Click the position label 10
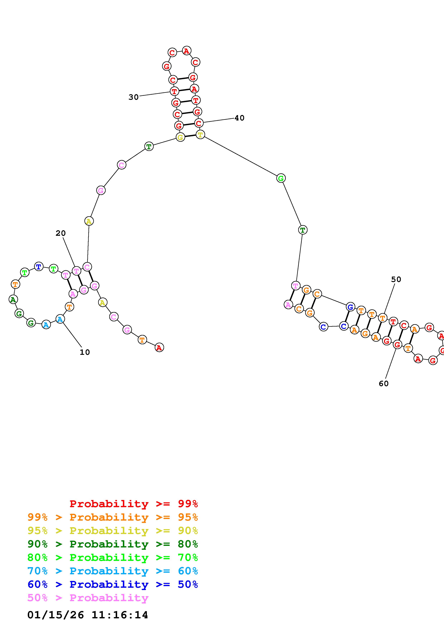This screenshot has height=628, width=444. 85,352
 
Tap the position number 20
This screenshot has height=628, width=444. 61,233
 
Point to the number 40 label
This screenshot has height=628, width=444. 239,118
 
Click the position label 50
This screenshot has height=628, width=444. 396,279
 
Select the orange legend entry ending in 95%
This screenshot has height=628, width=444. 113,517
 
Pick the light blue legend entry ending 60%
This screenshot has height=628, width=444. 113,571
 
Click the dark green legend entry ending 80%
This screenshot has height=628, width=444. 113,544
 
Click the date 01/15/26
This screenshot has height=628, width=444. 56,615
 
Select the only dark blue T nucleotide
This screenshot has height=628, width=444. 39,266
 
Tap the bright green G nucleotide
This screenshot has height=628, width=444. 281,178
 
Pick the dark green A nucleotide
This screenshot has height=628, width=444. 13,299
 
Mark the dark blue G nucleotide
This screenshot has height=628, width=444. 350,307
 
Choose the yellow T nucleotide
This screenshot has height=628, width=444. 200,135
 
